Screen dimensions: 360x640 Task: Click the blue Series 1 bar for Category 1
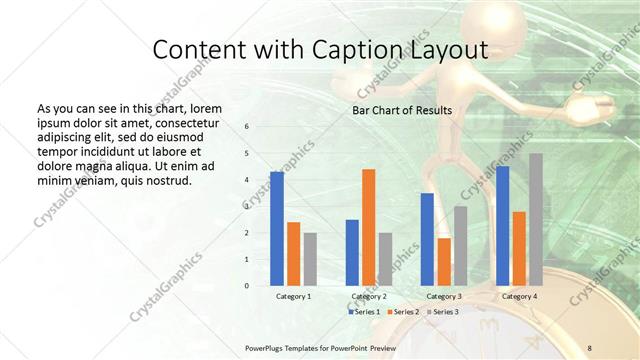click(x=277, y=229)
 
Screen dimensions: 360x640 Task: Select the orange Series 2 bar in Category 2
click(x=369, y=227)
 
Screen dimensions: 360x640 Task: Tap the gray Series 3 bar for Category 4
click(x=536, y=219)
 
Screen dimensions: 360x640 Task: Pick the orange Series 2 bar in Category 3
click(x=444, y=262)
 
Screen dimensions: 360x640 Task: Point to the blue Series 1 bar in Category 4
click(x=502, y=226)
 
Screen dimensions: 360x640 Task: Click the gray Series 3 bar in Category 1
click(x=310, y=259)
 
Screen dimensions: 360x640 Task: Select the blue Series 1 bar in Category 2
click(x=352, y=252)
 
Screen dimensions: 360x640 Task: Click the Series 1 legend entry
click(x=365, y=312)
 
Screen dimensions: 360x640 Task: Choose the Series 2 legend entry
click(x=402, y=312)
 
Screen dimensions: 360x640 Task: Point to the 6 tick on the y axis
click(x=247, y=127)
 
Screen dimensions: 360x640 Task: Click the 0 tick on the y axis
click(x=247, y=286)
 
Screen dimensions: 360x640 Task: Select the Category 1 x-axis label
click(x=293, y=296)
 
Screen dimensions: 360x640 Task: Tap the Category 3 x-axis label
click(x=444, y=296)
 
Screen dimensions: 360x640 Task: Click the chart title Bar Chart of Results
click(x=402, y=111)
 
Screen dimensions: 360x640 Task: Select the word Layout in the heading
click(x=453, y=50)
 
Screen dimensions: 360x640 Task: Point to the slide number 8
click(x=590, y=347)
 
